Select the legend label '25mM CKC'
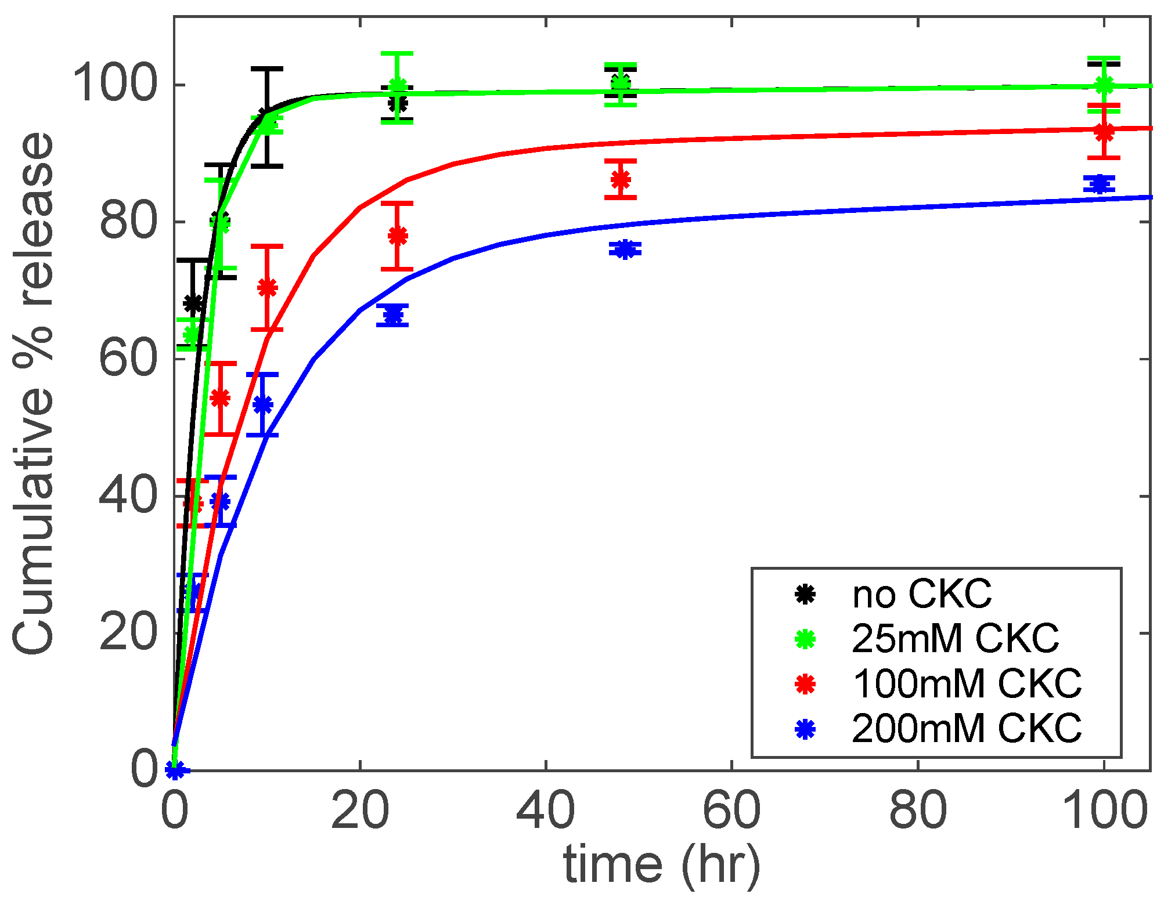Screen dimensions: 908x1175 955,638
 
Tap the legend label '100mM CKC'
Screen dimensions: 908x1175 967,683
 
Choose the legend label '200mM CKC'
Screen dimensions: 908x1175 967,728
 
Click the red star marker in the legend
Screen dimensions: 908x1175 805,683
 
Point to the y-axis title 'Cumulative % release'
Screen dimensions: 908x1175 34,393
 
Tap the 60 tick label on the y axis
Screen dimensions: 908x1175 128,359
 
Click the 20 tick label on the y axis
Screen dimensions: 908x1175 128,633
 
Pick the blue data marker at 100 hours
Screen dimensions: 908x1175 1099,184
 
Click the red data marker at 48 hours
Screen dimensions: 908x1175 621,179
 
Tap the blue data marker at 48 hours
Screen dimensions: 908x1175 625,249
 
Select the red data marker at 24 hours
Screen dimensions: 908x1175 398,236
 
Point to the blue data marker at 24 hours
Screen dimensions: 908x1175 393,315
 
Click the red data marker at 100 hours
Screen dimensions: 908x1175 1104,132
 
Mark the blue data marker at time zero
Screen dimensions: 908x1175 175,769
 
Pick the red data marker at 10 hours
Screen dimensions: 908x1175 267,288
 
